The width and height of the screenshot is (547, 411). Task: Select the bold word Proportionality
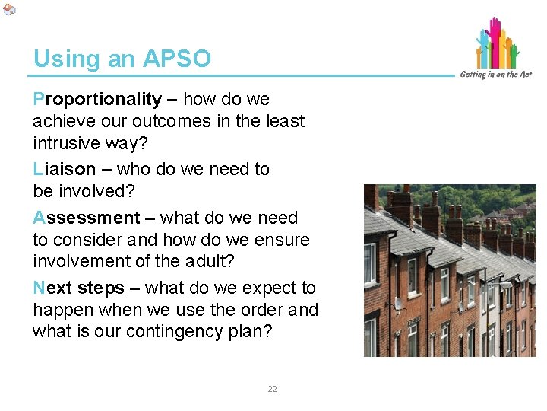coord(97,100)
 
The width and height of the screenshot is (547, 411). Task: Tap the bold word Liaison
coord(65,169)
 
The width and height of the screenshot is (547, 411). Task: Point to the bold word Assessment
coord(86,218)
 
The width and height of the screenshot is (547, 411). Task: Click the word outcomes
coord(165,121)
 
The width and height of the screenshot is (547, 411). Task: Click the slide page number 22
coord(272,389)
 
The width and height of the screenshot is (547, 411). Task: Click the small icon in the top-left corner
coord(8,8)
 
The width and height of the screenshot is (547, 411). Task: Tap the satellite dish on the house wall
coord(398,304)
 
